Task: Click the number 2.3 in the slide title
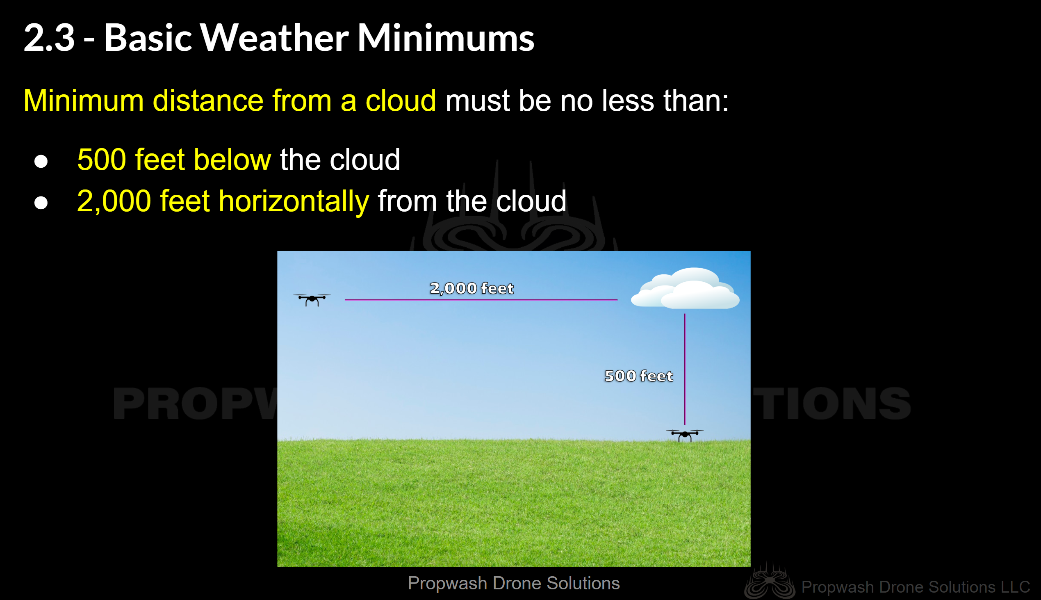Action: [x=50, y=38]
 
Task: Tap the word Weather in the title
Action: [x=274, y=38]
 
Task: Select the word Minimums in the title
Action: [x=446, y=38]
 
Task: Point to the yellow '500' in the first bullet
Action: [x=102, y=160]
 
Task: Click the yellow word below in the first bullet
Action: [x=232, y=160]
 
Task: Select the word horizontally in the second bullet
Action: [x=294, y=202]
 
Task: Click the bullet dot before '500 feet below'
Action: [x=41, y=161]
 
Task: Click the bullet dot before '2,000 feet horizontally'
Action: [x=41, y=203]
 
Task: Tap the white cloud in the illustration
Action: [x=685, y=288]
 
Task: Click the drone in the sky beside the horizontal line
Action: [x=312, y=299]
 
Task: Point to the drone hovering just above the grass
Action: [x=685, y=435]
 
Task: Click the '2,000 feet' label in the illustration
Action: [x=472, y=288]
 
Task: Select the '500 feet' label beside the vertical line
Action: [x=638, y=376]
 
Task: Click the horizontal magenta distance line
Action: [x=481, y=299]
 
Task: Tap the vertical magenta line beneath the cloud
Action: [x=685, y=369]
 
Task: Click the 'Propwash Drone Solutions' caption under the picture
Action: [x=514, y=583]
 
